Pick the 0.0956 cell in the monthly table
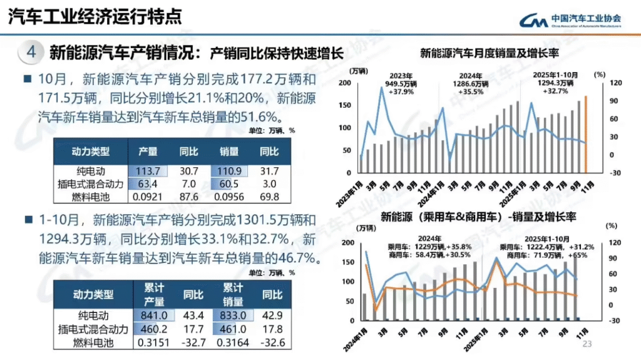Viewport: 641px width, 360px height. (228, 197)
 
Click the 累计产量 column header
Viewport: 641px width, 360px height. (154, 294)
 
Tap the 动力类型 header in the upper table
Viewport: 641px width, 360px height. (91, 152)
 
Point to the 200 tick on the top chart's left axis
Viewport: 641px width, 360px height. (344, 83)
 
